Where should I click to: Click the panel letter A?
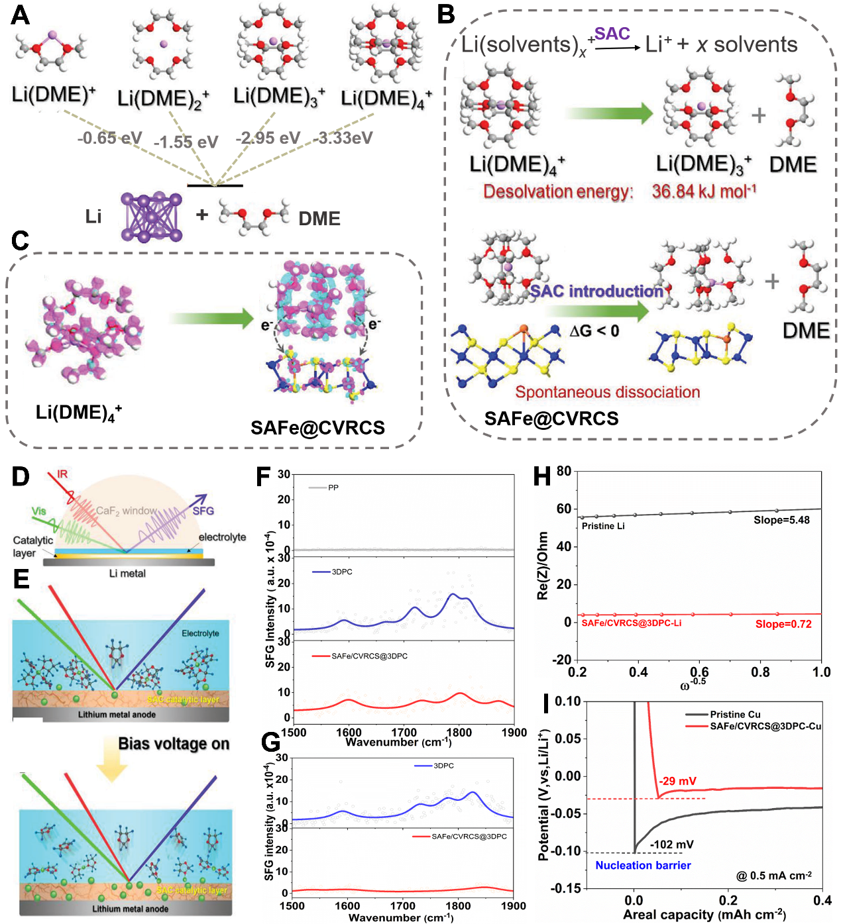tap(20, 15)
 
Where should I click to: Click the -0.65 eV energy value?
tap(109, 138)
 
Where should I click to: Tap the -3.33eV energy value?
tap(343, 138)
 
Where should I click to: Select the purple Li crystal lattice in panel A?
tap(151, 216)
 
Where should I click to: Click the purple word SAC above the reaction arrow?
tap(612, 34)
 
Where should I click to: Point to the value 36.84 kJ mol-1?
tap(704, 191)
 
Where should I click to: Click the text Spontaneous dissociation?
tap(608, 392)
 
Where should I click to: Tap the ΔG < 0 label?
tap(594, 331)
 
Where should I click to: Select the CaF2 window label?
tap(127, 511)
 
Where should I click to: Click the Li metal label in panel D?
tap(127, 574)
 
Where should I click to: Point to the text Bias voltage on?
tap(174, 744)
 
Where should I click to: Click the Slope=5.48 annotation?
tap(781, 520)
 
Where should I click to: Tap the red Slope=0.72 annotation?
tap(783, 624)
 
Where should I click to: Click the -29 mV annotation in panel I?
tap(677, 781)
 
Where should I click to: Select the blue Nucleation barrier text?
tap(643, 865)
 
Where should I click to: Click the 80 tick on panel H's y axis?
tap(563, 471)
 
